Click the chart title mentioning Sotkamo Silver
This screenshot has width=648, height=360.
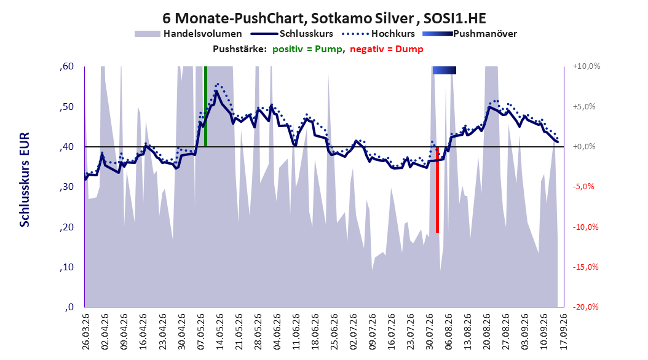click(324, 18)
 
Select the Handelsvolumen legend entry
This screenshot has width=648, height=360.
click(188, 34)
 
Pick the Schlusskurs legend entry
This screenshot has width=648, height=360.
click(292, 34)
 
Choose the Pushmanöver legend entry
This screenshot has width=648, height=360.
click(470, 34)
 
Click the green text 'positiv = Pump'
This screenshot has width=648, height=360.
click(307, 49)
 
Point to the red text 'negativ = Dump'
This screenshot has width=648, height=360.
click(387, 49)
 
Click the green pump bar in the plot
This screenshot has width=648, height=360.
click(205, 106)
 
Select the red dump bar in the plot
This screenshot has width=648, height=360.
click(437, 189)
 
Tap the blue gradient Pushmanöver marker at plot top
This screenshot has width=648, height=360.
click(445, 70)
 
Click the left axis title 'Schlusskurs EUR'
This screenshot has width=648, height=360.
click(25, 179)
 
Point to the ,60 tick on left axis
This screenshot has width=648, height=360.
click(66, 66)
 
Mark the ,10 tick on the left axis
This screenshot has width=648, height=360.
click(66, 267)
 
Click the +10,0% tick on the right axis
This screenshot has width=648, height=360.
click(587, 66)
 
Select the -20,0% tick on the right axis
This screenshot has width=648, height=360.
click(585, 307)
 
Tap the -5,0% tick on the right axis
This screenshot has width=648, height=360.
click(583, 187)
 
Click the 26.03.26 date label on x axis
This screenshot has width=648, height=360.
click(85, 332)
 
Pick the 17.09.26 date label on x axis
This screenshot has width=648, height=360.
click(563, 332)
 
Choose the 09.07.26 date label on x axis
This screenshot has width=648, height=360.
click(373, 332)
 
